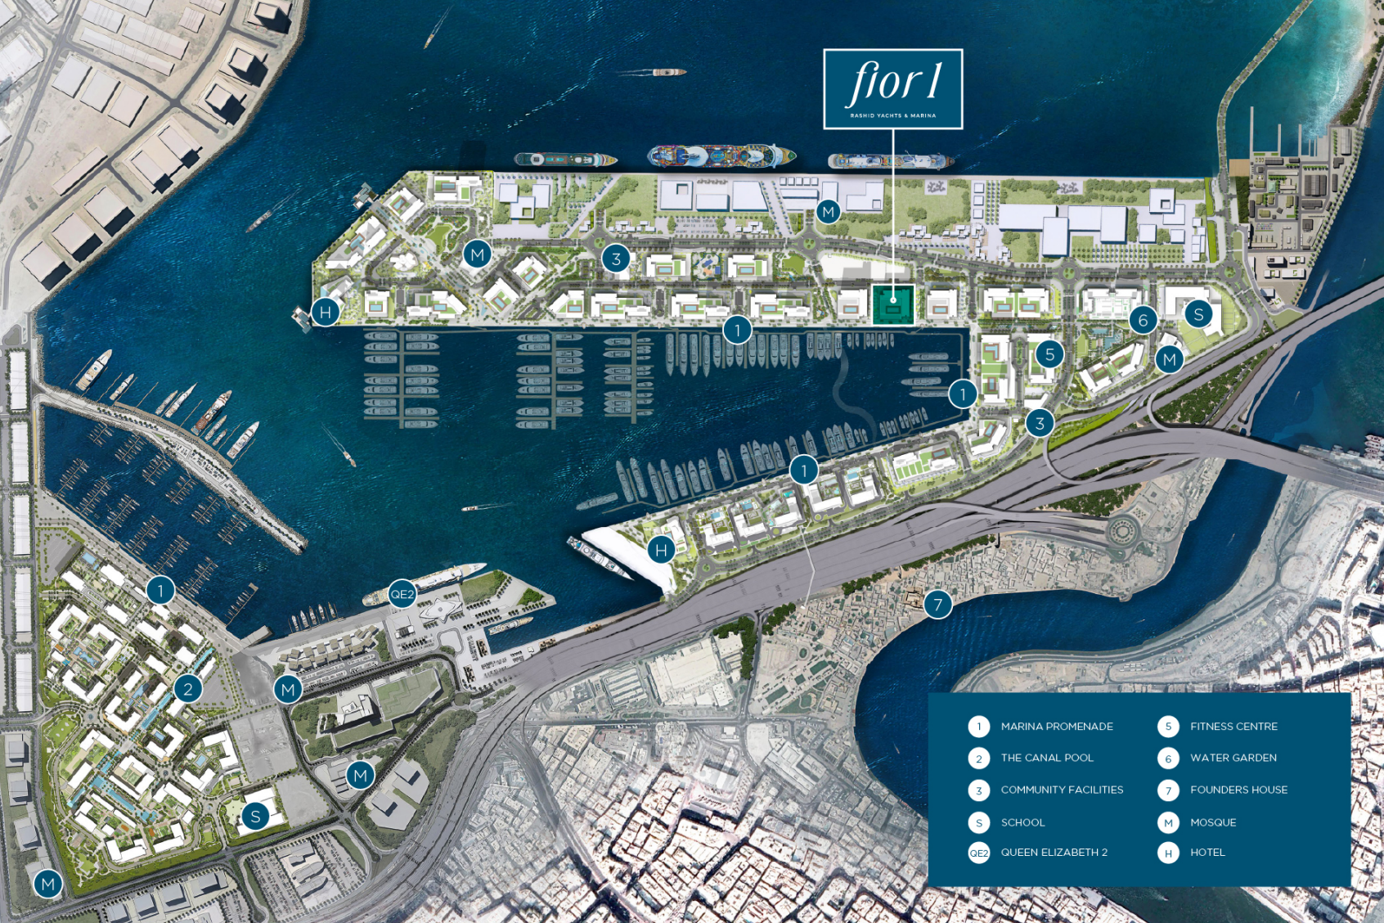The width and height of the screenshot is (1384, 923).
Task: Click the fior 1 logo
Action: pyautogui.click(x=893, y=82)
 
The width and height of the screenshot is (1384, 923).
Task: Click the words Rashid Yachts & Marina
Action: pyautogui.click(x=893, y=115)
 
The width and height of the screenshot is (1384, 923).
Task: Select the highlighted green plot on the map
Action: pyautogui.click(x=892, y=304)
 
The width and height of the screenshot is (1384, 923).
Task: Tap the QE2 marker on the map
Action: pyautogui.click(x=402, y=594)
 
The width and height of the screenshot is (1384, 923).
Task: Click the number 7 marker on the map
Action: pyautogui.click(x=937, y=605)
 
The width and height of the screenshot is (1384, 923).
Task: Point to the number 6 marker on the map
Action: pyautogui.click(x=1143, y=320)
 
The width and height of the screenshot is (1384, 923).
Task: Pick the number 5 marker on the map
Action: pyautogui.click(x=1049, y=354)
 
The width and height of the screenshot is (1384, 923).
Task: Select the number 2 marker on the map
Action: pyautogui.click(x=188, y=689)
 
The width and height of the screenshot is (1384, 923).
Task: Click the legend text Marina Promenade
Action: pyautogui.click(x=1057, y=727)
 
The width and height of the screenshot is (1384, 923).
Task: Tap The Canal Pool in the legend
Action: pyautogui.click(x=1047, y=758)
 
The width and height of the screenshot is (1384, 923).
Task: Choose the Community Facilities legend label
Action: pyautogui.click(x=1062, y=790)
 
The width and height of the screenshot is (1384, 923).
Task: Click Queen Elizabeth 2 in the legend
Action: pyautogui.click(x=1054, y=853)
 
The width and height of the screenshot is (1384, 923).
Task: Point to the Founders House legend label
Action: pyautogui.click(x=1238, y=790)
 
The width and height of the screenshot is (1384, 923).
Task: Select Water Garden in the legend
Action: pyautogui.click(x=1233, y=758)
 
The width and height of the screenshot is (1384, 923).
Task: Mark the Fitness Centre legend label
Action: pyautogui.click(x=1233, y=727)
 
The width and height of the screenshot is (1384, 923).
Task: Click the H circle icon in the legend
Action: pyautogui.click(x=1168, y=853)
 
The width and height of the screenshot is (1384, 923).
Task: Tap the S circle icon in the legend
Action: pyautogui.click(x=979, y=822)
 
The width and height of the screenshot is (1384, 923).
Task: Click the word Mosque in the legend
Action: pyautogui.click(x=1213, y=822)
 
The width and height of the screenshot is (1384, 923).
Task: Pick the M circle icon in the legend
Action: pyautogui.click(x=1168, y=822)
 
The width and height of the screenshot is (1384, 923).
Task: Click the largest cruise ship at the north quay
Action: pyautogui.click(x=721, y=155)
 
